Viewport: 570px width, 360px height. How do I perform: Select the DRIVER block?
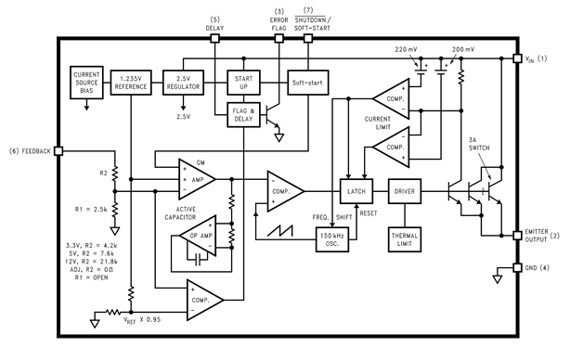(x=407, y=191)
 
